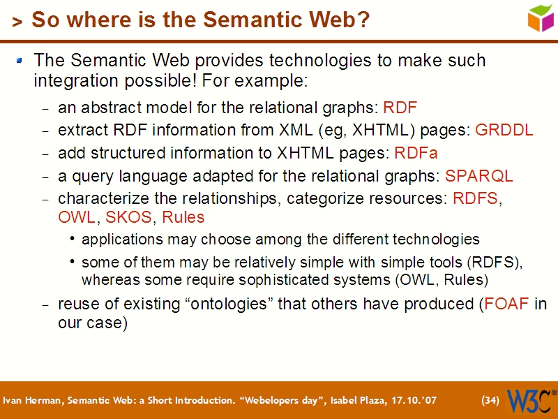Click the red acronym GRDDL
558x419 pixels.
tap(504, 130)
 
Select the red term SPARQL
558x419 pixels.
tap(478, 175)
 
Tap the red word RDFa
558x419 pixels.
tap(416, 152)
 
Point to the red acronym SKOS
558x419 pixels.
tap(128, 217)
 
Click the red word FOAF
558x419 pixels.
tap(506, 304)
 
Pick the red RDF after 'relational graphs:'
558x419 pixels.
tap(400, 108)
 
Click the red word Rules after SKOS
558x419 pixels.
tap(183, 217)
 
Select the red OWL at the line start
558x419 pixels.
tap(76, 217)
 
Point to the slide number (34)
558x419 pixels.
tap(490, 401)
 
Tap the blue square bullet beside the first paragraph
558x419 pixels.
tap(21, 61)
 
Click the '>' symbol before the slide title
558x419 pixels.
tap(17, 22)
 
